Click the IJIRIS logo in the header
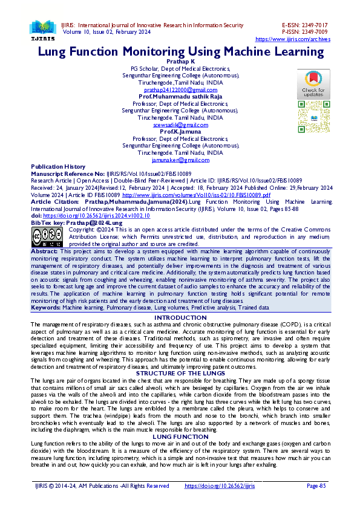point(42,28)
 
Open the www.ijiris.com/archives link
point(293,39)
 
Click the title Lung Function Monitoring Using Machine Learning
point(181,51)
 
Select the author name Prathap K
point(180,62)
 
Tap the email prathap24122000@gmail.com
point(180,89)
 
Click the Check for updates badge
point(313,84)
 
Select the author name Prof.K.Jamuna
point(180,132)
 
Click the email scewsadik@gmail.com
point(180,125)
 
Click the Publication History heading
point(58,166)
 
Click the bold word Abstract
point(44,250)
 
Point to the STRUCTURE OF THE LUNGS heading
point(180,374)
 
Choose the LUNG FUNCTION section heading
point(180,436)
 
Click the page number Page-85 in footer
point(317,485)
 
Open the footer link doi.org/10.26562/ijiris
point(219,485)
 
